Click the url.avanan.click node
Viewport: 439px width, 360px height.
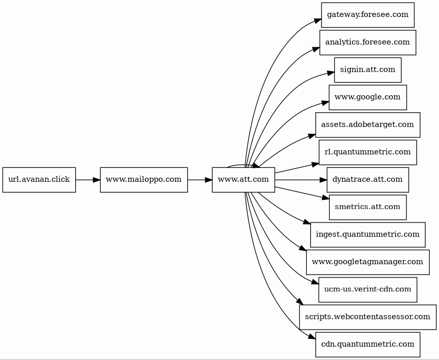39,180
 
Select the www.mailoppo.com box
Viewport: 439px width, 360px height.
144,180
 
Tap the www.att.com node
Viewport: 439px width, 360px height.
244,180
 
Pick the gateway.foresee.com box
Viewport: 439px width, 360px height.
367,15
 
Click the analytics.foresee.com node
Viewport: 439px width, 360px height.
367,43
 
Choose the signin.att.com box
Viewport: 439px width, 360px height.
367,70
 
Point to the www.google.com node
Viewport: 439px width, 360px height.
367,97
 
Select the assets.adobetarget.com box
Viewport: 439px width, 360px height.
367,125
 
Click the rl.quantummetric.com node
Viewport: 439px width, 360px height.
367,152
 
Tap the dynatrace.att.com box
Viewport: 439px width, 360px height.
367,180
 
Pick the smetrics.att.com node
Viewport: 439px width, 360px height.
367,207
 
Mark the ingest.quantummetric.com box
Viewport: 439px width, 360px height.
367,234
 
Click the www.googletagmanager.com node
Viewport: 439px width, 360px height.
367,262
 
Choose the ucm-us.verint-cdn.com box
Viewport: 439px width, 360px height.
367,289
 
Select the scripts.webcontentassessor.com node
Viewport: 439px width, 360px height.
367,317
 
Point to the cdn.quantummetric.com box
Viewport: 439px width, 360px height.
367,345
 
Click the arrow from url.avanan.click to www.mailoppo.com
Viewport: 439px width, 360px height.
88,180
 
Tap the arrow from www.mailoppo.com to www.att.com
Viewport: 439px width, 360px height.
200,180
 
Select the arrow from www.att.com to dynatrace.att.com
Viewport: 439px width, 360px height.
301,180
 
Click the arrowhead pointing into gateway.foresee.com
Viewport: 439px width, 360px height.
317,21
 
